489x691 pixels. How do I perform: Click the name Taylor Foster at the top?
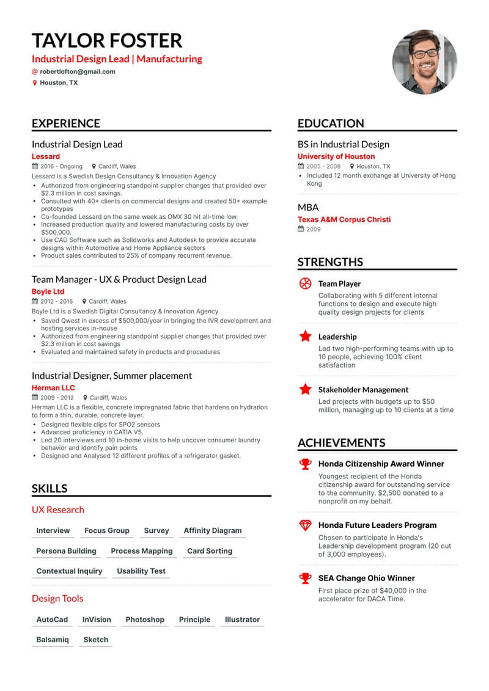(107, 40)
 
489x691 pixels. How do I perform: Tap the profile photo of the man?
(424, 62)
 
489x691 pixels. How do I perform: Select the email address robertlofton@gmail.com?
(78, 71)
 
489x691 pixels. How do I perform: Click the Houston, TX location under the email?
(59, 82)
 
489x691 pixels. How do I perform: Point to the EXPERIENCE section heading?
(66, 123)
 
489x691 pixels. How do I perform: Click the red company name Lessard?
(46, 156)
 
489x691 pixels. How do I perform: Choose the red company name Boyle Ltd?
(48, 291)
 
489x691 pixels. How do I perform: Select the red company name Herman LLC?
(54, 388)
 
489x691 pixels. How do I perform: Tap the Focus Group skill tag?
(107, 530)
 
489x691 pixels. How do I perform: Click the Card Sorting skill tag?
(210, 550)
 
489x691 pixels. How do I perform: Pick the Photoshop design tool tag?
(145, 620)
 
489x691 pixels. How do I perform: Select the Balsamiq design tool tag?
(53, 640)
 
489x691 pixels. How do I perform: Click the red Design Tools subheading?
(57, 599)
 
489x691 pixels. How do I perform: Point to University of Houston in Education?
(336, 156)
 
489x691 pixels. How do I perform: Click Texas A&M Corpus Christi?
(344, 219)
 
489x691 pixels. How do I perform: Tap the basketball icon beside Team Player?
(305, 283)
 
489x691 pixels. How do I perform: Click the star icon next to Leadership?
(305, 336)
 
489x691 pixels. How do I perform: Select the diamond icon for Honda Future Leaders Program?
(305, 525)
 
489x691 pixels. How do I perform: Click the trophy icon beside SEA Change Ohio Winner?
(305, 578)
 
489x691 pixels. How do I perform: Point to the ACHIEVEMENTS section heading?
(342, 443)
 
